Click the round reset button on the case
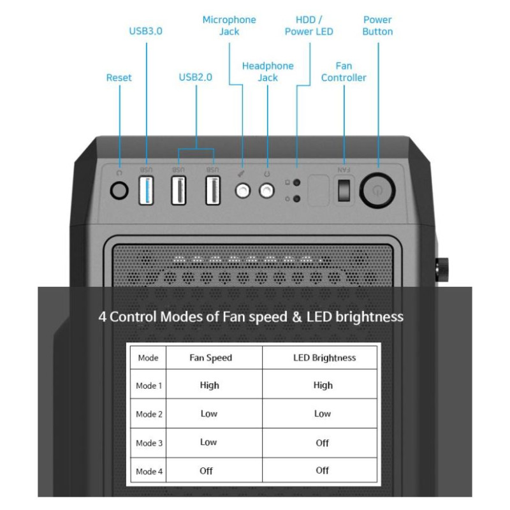(x=119, y=190)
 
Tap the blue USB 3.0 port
(x=146, y=191)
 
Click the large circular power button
(x=377, y=190)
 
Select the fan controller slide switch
(x=344, y=190)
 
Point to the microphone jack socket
(x=242, y=191)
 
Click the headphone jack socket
(x=266, y=191)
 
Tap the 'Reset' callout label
(x=119, y=78)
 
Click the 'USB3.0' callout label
(x=145, y=31)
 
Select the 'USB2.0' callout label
(x=195, y=78)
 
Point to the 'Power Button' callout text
(x=377, y=25)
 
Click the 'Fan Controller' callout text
(x=344, y=71)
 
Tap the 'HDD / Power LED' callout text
(x=309, y=25)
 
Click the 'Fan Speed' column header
(x=210, y=358)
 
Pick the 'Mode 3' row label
(x=149, y=443)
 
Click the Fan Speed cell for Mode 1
(x=209, y=385)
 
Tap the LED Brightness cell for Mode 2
(x=323, y=414)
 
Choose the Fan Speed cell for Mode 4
(x=206, y=470)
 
